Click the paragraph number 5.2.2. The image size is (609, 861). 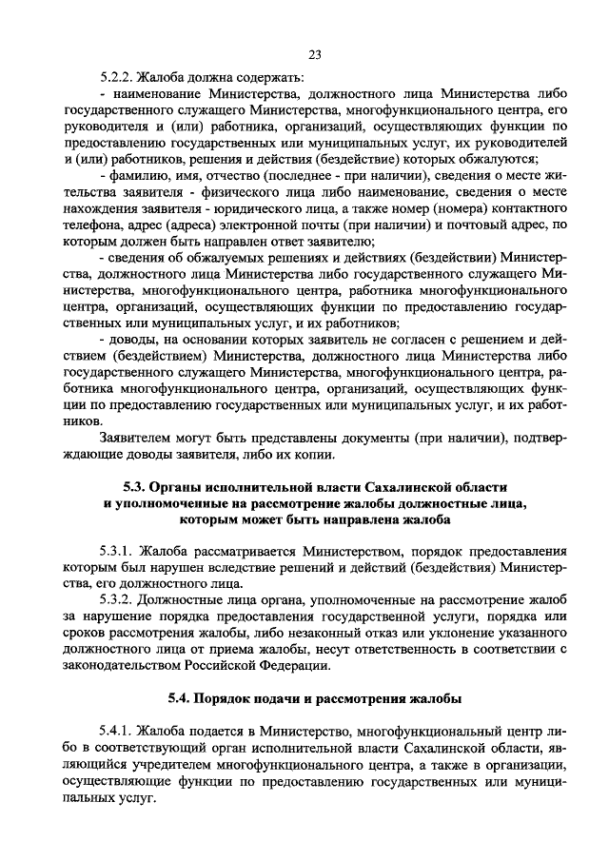click(x=117, y=77)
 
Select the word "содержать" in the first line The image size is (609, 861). click(x=271, y=77)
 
